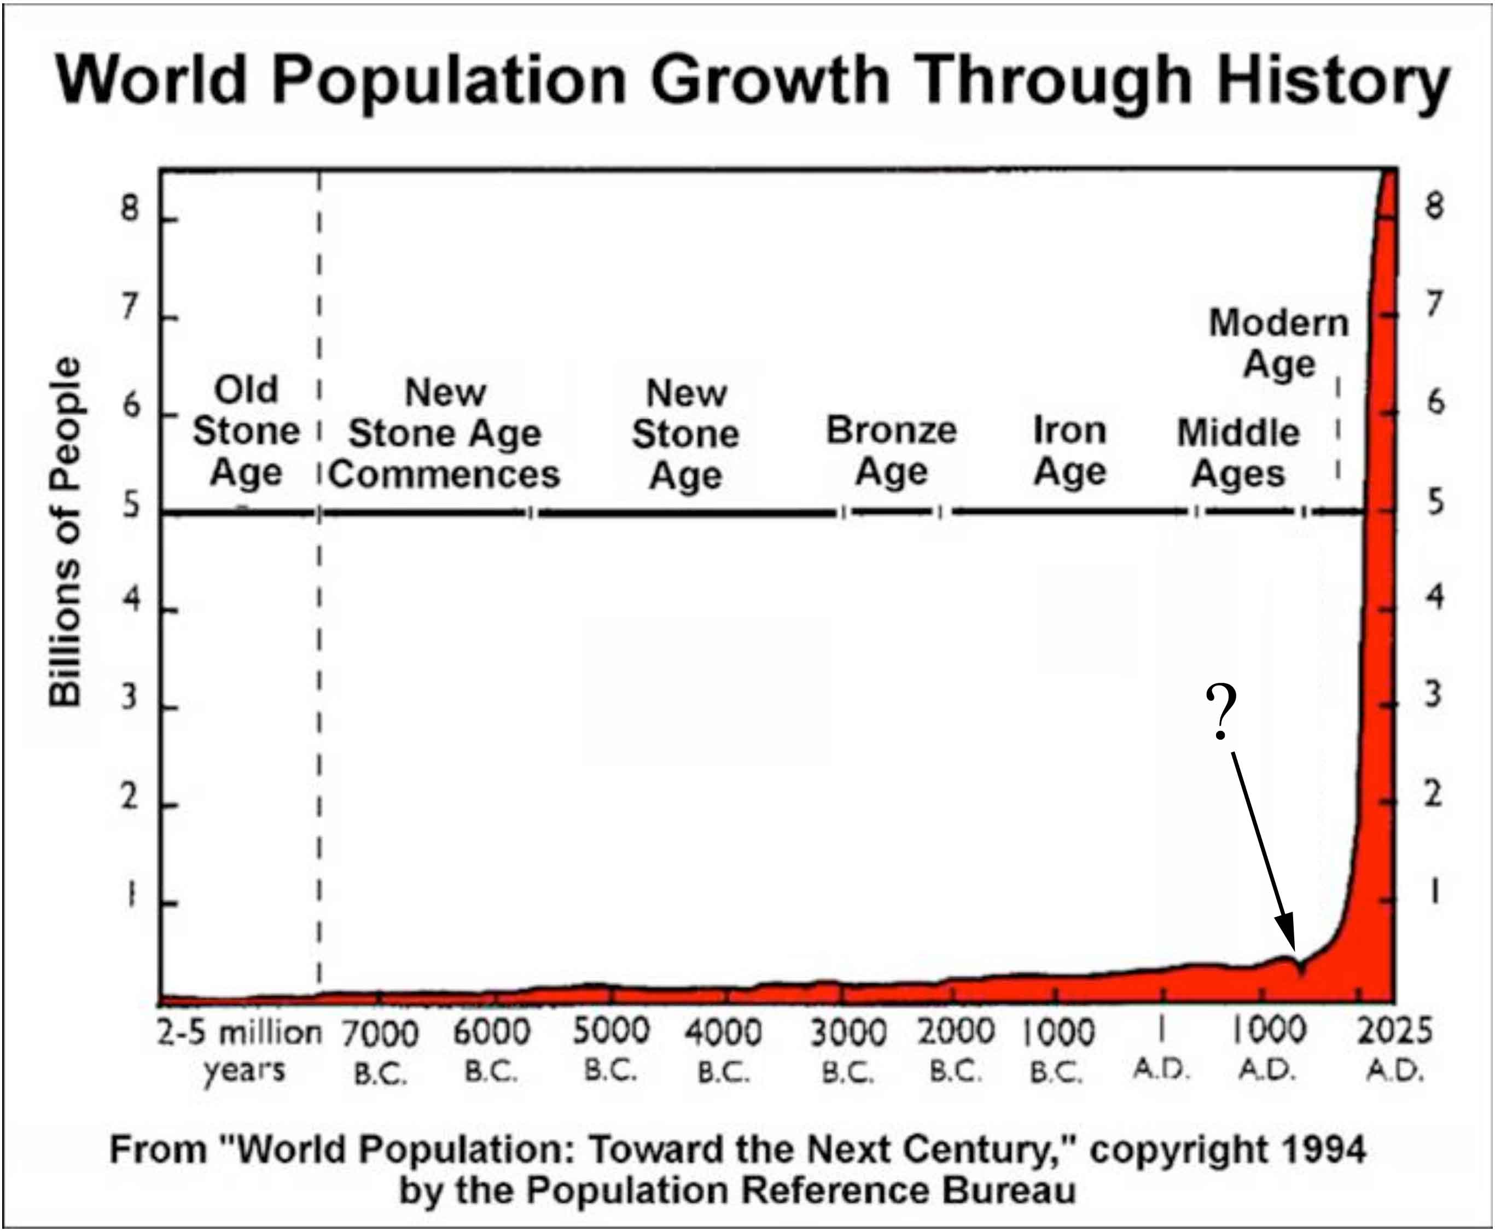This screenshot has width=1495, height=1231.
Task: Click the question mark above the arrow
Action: point(1220,713)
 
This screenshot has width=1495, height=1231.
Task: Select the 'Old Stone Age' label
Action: point(246,431)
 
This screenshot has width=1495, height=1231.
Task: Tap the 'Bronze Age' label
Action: point(891,450)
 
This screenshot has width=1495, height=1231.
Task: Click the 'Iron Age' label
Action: point(1069,450)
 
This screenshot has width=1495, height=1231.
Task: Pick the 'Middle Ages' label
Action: point(1238,452)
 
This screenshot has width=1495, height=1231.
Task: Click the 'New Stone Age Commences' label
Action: point(445,433)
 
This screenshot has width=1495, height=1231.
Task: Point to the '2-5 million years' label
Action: point(239,1050)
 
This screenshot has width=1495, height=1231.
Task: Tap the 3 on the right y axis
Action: point(1433,695)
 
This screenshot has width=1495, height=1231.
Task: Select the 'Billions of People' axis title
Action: point(65,532)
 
